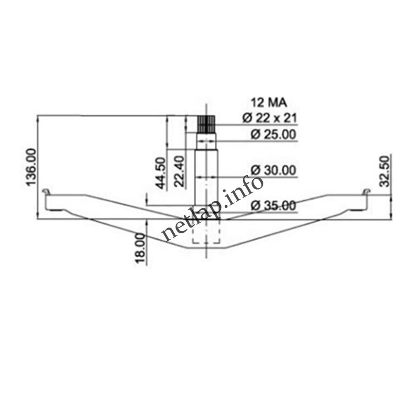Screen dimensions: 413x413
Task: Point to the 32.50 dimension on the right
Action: pos(385,171)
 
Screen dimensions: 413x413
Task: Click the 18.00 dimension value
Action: pos(140,248)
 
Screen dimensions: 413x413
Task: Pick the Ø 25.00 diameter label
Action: pos(274,135)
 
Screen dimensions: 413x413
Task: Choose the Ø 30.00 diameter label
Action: pos(274,170)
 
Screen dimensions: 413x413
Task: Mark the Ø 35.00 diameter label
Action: pos(274,205)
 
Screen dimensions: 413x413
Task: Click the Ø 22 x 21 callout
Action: pos(270,118)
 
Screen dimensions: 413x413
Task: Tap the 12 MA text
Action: pos(269,102)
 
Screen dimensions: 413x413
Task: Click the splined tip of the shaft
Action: pos(206,123)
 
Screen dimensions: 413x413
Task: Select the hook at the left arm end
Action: pos(47,192)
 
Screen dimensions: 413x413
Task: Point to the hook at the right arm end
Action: pos(366,192)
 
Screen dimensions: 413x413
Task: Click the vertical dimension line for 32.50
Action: pos(391,206)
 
